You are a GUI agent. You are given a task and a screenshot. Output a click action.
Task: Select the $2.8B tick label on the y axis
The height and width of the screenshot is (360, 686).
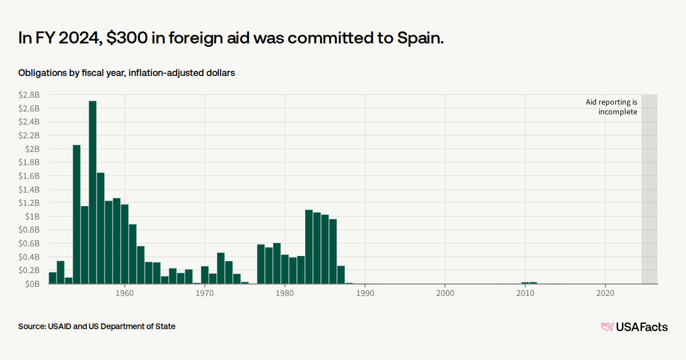click(29, 95)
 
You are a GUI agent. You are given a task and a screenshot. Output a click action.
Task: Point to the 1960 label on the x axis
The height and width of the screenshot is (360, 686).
click(125, 293)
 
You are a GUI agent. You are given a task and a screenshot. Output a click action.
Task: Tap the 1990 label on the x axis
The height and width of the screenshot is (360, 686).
click(365, 293)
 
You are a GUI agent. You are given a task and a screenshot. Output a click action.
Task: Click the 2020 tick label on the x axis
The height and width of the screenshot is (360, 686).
click(605, 293)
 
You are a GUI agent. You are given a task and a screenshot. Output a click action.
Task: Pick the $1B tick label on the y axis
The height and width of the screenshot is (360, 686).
click(32, 216)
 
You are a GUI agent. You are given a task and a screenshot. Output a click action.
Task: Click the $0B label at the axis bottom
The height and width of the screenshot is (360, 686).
click(31, 283)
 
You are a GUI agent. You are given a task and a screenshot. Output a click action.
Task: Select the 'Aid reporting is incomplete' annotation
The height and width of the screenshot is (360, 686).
click(611, 107)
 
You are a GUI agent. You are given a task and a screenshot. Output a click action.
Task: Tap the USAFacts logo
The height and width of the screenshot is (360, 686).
click(634, 327)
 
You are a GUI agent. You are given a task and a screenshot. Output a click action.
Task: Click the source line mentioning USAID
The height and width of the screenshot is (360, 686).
click(97, 326)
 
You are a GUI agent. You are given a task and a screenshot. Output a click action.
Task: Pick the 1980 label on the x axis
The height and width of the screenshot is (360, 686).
click(285, 293)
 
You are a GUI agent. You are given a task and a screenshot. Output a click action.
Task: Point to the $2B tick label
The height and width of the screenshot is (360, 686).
click(32, 149)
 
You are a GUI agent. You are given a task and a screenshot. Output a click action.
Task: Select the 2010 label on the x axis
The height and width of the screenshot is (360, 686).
click(525, 293)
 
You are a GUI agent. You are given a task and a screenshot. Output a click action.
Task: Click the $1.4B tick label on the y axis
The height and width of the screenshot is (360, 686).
click(29, 189)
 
